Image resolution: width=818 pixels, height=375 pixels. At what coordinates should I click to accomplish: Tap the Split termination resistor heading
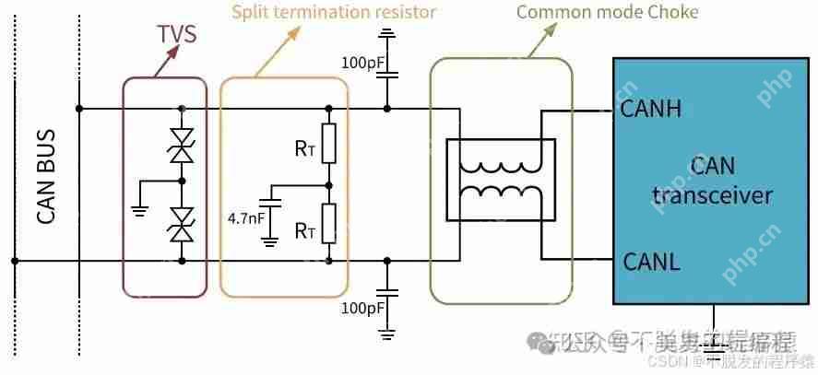click(333, 12)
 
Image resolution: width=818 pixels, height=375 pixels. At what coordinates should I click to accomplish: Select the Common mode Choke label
click(607, 12)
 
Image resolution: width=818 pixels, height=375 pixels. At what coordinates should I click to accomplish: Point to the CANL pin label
click(651, 261)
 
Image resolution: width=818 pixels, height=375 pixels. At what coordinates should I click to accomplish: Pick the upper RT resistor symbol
click(326, 144)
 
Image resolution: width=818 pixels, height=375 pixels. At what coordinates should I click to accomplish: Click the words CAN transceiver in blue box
click(712, 181)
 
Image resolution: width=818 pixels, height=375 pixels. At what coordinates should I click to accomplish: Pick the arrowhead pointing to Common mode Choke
click(554, 29)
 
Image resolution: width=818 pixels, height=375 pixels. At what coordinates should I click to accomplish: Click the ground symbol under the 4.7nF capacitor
click(269, 242)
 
